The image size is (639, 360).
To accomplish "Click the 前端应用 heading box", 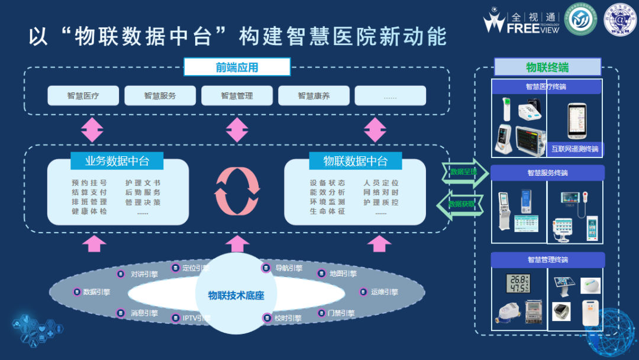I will pyautogui.click(x=237, y=67).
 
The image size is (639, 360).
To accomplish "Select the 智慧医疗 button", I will pyautogui.click(x=83, y=95).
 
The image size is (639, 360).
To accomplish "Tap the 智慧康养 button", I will pyautogui.click(x=314, y=95).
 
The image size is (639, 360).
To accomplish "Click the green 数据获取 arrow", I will pyautogui.click(x=461, y=204).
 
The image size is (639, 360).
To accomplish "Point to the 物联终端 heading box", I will pyautogui.click(x=547, y=67).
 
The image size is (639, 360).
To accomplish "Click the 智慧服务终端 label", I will pyautogui.click(x=547, y=173).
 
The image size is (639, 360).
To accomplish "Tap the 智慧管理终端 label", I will pyautogui.click(x=547, y=259).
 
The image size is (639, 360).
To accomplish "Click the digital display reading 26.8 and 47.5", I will pyautogui.click(x=518, y=284).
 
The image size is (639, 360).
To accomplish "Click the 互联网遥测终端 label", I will pyautogui.click(x=575, y=149).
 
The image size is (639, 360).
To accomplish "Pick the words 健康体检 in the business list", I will pyautogui.click(x=90, y=211).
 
